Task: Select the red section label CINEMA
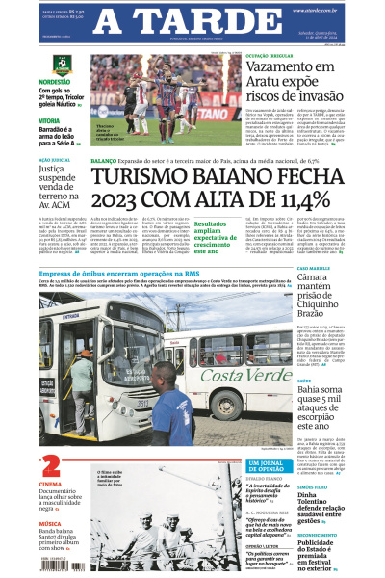point(50,485)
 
